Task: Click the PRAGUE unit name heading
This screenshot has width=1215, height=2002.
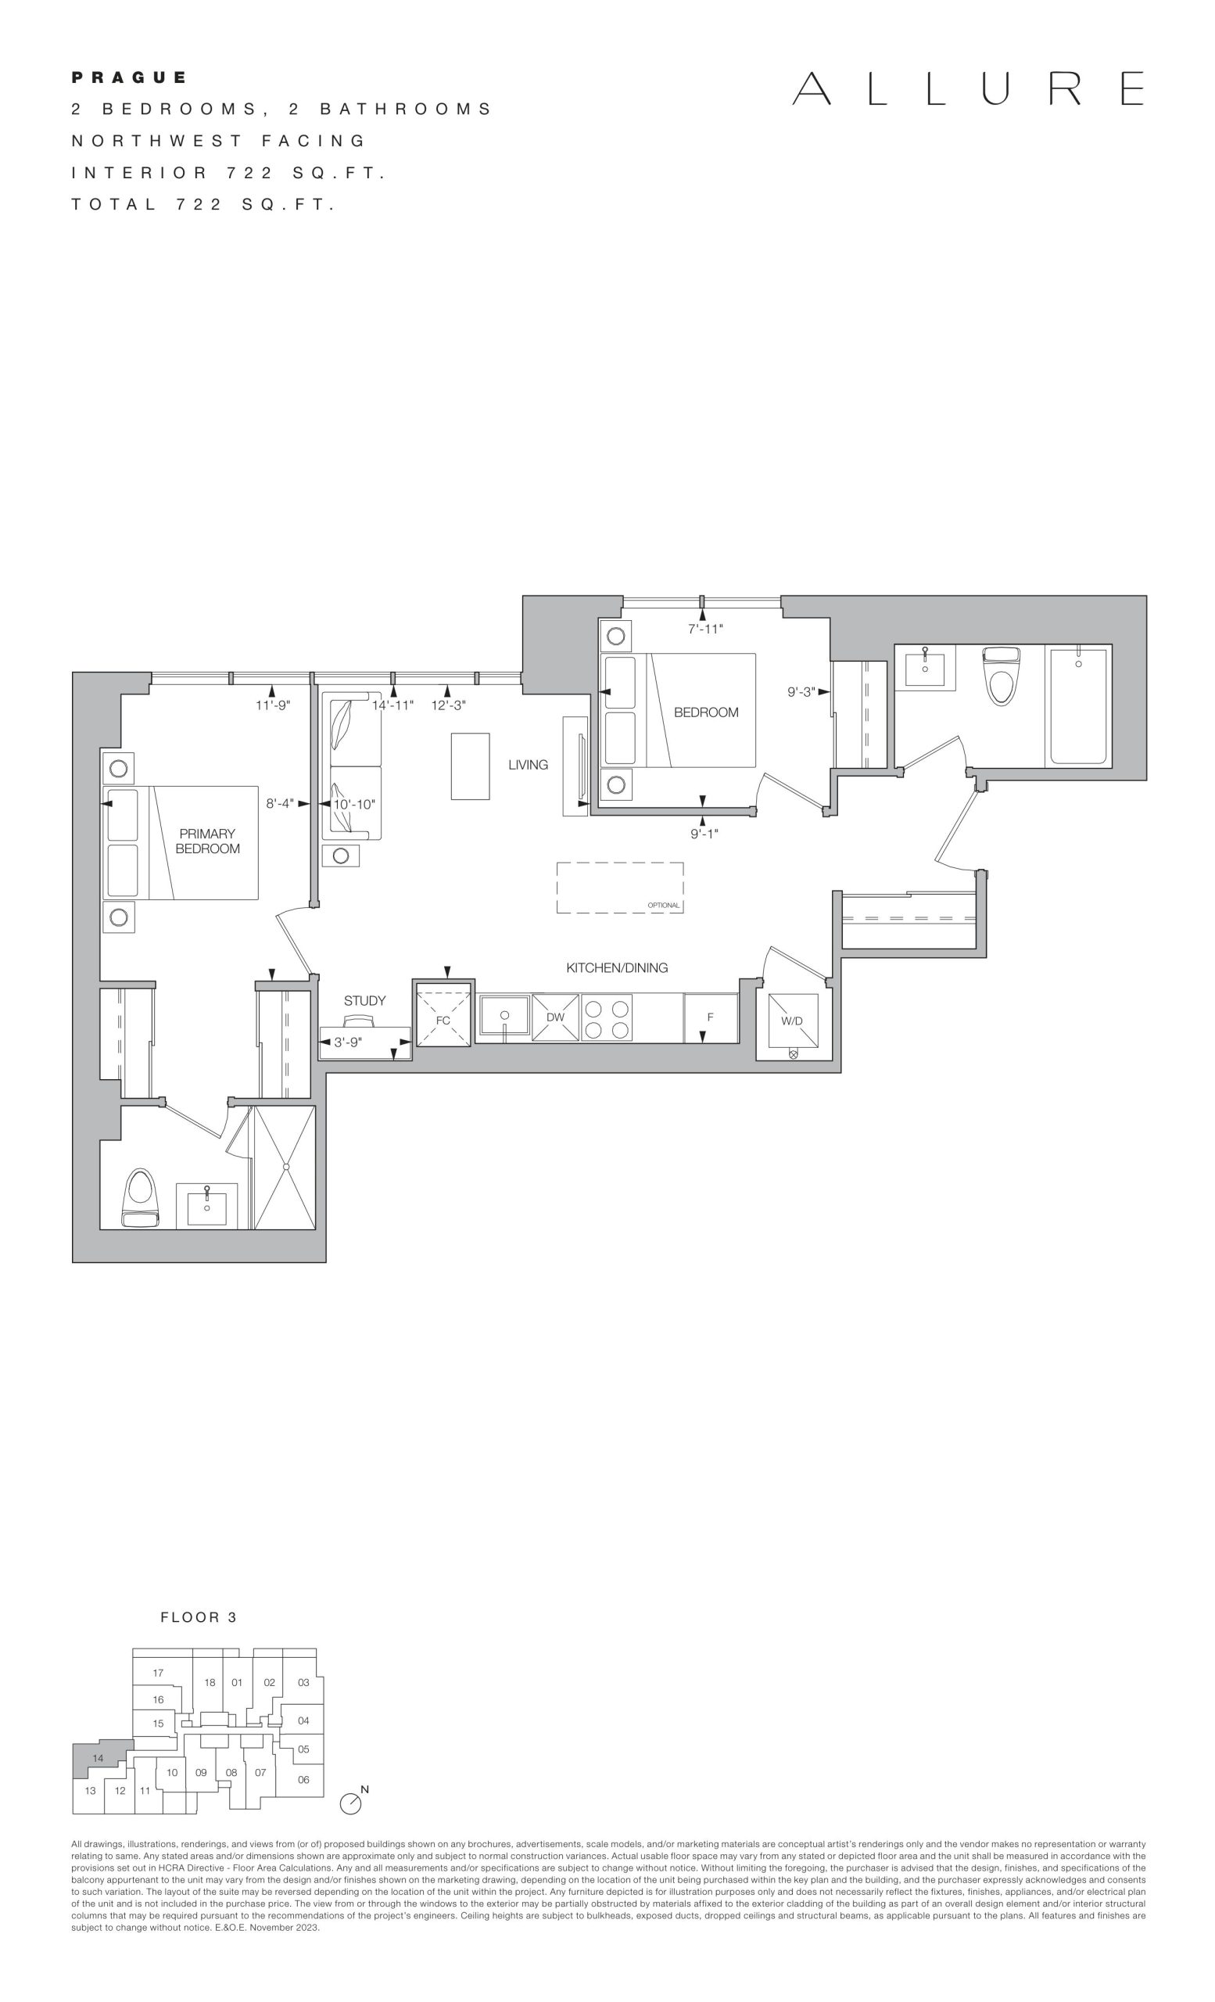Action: point(129,77)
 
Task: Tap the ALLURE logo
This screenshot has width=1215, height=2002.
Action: point(968,88)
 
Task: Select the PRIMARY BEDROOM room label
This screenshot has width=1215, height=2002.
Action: point(207,841)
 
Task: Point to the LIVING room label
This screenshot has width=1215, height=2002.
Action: point(528,765)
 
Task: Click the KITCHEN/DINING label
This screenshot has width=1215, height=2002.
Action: point(617,967)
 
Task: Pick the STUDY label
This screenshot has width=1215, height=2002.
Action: point(364,1001)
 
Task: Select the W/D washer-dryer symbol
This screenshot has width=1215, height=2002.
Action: point(793,1021)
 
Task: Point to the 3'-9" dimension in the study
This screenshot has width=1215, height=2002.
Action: point(348,1042)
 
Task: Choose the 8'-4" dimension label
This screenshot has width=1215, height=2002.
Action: point(280,804)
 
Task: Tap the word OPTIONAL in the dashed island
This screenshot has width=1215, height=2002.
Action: point(664,905)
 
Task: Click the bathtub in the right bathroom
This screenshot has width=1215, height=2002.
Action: point(1077,706)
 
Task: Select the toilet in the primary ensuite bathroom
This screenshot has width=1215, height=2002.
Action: point(140,1197)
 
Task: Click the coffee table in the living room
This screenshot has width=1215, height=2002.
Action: point(470,766)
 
